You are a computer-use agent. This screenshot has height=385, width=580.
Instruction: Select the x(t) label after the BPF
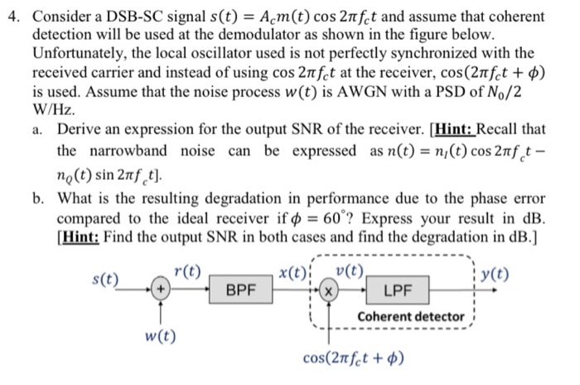291,273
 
